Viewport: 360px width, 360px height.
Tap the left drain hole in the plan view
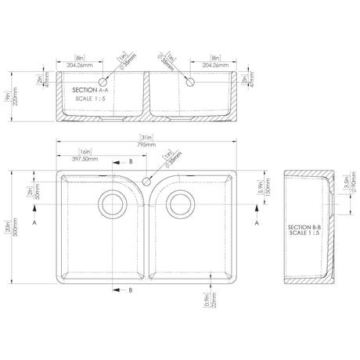click(x=111, y=205)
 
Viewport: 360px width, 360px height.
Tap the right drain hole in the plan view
click(x=181, y=205)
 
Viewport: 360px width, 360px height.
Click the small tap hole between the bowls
click(x=146, y=181)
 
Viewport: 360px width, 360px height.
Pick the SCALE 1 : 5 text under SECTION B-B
click(x=304, y=236)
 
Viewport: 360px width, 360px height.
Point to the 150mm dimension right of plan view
click(x=268, y=190)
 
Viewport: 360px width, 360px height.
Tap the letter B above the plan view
click(x=131, y=161)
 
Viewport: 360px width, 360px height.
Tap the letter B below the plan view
click(x=130, y=290)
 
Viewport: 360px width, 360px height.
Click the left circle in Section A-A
click(x=103, y=81)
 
